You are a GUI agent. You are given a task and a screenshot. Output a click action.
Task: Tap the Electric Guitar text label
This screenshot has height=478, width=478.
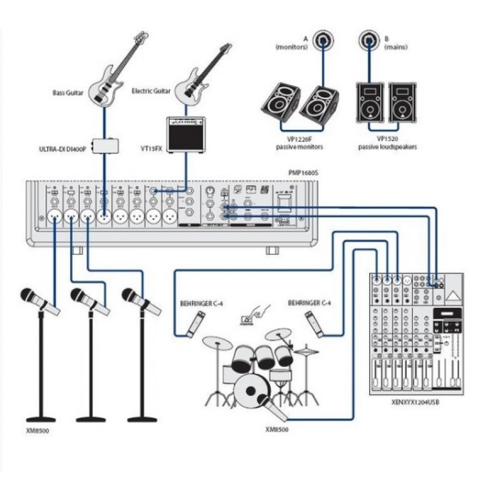[151, 90]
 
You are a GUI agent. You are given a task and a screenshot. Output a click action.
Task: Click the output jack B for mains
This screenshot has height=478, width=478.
[369, 40]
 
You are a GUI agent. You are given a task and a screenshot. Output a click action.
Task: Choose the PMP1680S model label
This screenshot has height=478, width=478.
[303, 171]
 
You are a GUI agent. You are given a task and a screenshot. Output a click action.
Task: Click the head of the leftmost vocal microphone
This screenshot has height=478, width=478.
[28, 295]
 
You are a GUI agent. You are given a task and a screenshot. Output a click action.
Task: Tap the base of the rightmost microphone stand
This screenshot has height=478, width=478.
[142, 419]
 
